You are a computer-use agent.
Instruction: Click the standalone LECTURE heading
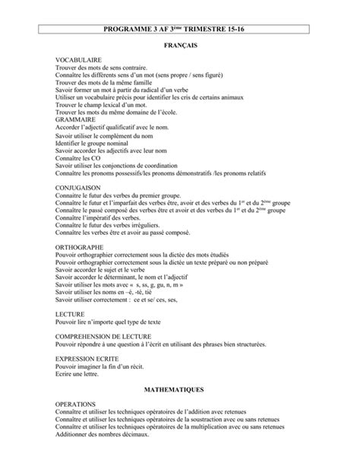70,313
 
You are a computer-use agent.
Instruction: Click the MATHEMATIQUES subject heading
179,388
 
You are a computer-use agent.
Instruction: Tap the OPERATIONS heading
76,404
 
